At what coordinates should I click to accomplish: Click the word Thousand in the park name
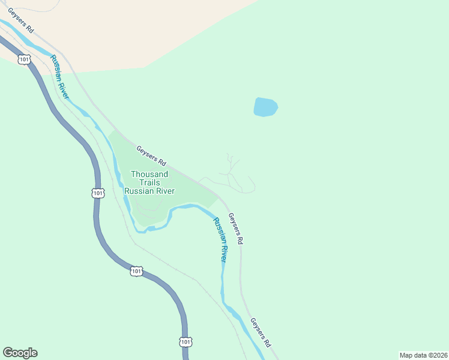click(x=149, y=175)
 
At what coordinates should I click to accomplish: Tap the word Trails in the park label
click(x=149, y=182)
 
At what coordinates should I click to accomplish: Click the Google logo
click(x=20, y=353)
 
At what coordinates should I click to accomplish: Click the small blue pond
click(x=265, y=107)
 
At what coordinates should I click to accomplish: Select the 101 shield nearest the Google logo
click(x=185, y=341)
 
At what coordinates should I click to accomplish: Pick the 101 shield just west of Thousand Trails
click(x=98, y=193)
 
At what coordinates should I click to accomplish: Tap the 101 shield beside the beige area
click(x=24, y=59)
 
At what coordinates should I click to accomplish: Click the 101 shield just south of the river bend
click(x=136, y=272)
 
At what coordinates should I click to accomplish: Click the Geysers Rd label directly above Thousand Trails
click(x=151, y=155)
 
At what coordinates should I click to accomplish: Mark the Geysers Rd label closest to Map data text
click(x=261, y=332)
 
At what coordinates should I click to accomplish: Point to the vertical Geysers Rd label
click(x=237, y=228)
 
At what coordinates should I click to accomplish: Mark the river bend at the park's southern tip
click(x=148, y=227)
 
